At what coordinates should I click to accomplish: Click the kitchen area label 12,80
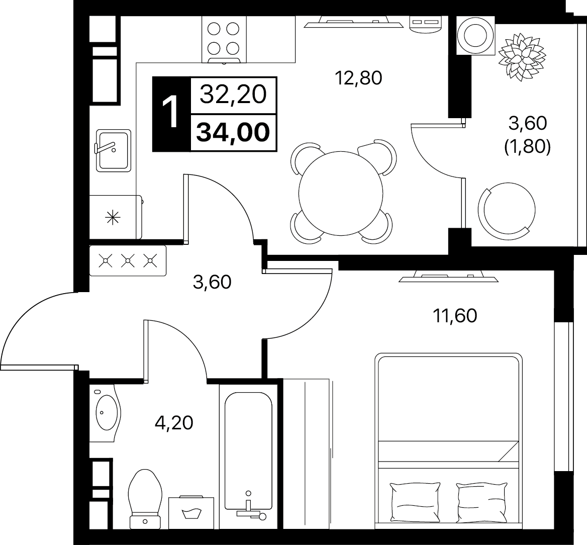tap(359, 78)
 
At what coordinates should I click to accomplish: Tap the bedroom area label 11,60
tap(455, 316)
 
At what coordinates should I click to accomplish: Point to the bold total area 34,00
tap(233, 132)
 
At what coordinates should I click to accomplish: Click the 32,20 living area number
tap(233, 94)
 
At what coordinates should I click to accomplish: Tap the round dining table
tap(341, 193)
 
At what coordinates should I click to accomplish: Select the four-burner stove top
tap(224, 40)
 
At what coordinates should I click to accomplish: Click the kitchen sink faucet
tap(105, 147)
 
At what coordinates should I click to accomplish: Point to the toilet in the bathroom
tap(145, 498)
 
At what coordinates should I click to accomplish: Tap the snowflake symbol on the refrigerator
tap(113, 218)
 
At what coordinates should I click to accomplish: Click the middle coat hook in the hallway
tap(128, 261)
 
